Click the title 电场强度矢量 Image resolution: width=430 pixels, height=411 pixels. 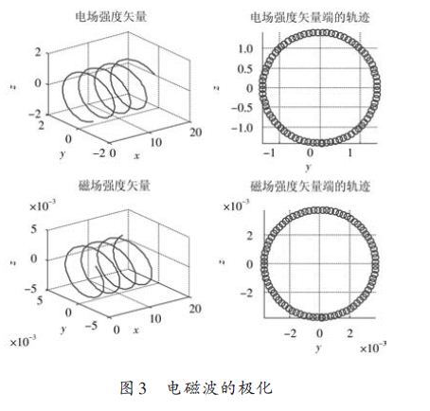111,17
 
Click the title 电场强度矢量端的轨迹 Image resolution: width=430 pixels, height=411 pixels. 310,17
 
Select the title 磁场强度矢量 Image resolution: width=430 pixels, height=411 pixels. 114,186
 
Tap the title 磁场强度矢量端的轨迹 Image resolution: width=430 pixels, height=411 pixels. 310,186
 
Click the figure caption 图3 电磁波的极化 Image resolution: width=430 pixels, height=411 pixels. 196,387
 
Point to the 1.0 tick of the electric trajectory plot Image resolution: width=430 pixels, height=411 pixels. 245,49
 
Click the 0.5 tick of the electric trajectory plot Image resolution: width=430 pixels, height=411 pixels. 245,69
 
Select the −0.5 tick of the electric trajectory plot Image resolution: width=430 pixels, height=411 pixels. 242,108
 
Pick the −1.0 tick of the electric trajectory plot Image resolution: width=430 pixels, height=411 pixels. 242,128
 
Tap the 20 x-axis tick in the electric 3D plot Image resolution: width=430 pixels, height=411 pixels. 196,133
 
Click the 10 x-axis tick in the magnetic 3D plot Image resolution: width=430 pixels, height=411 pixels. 155,319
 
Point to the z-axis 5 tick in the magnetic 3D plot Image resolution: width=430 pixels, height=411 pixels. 34,229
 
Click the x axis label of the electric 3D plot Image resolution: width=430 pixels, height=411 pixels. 136,155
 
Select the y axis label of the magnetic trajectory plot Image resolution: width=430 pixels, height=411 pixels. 318,348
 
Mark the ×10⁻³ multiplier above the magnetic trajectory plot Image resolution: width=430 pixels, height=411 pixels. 236,205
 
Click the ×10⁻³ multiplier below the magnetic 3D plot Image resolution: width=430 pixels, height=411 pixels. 23,341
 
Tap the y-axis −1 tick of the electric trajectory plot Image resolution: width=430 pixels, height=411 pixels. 269,153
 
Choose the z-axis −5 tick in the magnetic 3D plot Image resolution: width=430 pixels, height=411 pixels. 30,289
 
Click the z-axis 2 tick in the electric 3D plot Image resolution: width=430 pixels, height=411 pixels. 38,52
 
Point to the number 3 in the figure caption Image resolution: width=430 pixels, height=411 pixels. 142,388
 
